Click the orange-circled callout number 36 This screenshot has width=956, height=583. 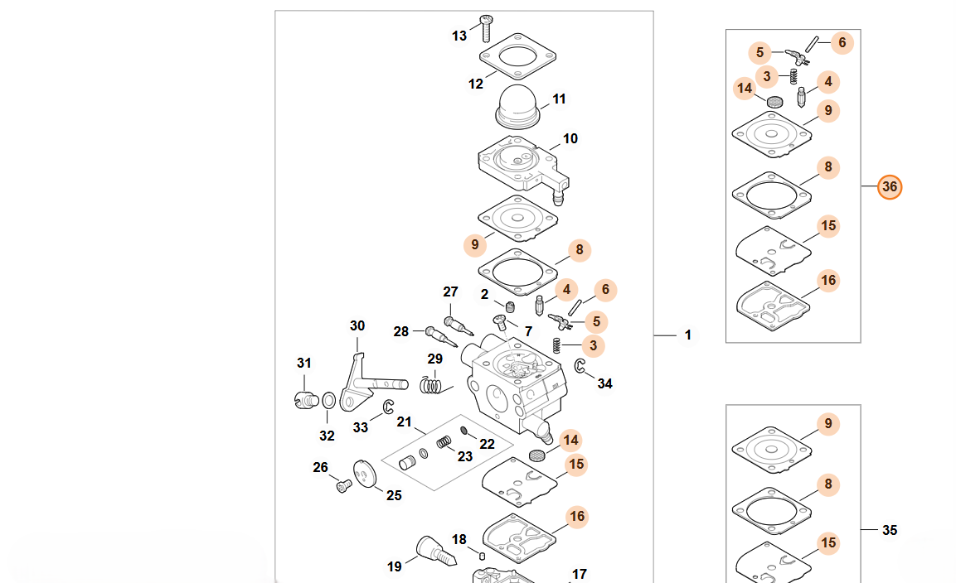click(890, 187)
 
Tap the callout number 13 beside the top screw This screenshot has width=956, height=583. click(459, 36)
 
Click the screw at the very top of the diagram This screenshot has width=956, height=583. click(486, 28)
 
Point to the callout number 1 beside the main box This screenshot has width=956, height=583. click(687, 335)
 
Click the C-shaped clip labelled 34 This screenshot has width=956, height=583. click(580, 365)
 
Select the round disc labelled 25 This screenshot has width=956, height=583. click(365, 474)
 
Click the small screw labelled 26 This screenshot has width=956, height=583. click(344, 485)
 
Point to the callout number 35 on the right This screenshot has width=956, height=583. click(890, 531)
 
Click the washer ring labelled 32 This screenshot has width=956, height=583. click(328, 400)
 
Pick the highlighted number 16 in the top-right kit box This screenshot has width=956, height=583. click(828, 281)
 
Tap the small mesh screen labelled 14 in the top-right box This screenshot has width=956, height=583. click(774, 102)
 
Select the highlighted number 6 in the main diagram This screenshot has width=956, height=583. click(605, 289)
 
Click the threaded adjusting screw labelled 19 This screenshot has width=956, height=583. click(436, 551)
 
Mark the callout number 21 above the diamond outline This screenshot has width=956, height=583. click(405, 422)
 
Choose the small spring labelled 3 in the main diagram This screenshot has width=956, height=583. click(556, 345)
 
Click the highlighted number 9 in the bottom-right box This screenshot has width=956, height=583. click(828, 423)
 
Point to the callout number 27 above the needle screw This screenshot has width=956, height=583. click(450, 291)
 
